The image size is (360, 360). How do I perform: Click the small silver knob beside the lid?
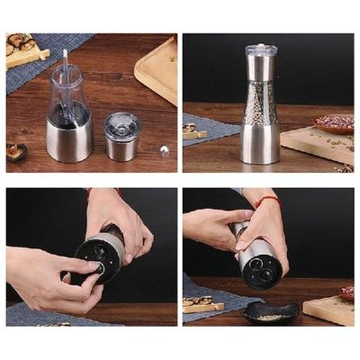click(x=164, y=149)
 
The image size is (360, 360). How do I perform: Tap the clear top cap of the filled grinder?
click(x=261, y=49)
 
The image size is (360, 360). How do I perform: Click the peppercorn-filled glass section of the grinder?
click(x=260, y=103)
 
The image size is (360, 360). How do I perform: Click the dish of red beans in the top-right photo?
click(x=334, y=123)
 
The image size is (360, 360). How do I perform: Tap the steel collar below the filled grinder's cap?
click(x=261, y=68)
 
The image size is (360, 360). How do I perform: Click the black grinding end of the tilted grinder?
click(x=262, y=269)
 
